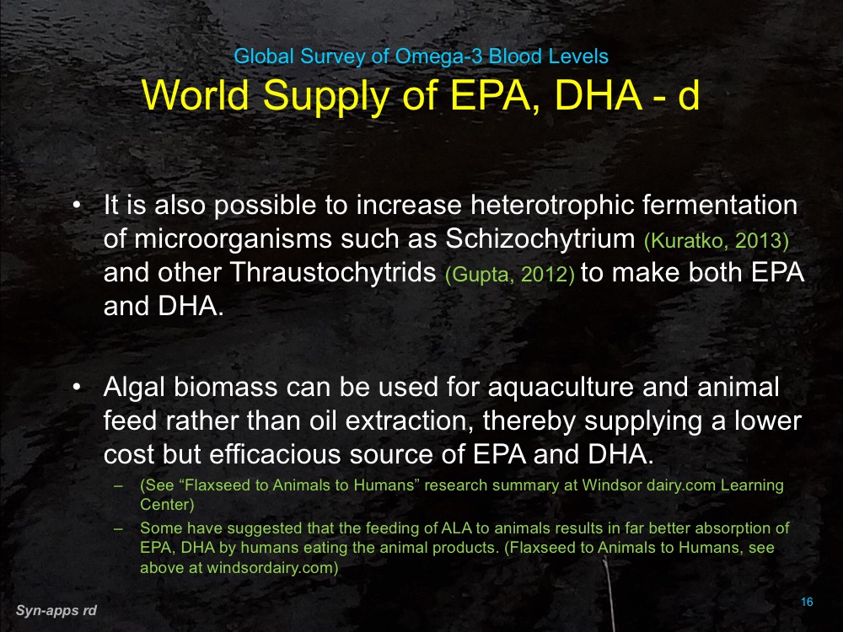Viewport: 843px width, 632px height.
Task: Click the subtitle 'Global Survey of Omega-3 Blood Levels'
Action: point(421,57)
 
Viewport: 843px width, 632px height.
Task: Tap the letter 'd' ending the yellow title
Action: point(689,95)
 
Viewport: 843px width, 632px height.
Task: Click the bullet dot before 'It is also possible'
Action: point(77,206)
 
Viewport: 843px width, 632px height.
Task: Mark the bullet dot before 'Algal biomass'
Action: point(77,388)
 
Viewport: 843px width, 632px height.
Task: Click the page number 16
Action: point(807,602)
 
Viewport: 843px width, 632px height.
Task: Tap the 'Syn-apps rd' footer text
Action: point(56,609)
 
